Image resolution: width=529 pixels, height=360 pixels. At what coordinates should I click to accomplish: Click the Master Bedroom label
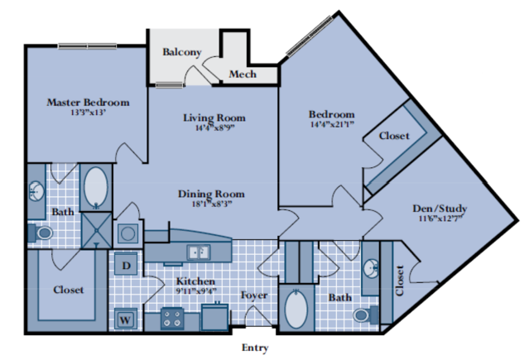88,103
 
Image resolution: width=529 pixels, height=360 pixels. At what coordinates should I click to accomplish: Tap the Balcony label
182,52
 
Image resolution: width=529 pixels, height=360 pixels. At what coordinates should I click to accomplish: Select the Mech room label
243,74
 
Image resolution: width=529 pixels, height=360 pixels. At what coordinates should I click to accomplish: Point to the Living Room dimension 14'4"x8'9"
214,127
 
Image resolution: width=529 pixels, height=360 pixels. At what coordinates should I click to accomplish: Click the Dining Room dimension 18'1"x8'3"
212,204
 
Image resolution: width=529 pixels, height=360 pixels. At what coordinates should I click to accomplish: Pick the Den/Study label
440,209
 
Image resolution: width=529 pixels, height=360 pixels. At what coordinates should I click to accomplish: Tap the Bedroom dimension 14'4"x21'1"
332,124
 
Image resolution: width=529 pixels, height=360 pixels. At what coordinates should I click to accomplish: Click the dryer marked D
126,266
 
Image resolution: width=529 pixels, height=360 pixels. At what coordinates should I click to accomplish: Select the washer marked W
126,319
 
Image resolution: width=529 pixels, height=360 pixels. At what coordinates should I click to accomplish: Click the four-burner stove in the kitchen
172,319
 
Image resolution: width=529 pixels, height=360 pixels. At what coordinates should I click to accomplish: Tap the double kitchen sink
199,252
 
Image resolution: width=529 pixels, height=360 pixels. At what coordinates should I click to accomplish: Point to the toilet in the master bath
41,233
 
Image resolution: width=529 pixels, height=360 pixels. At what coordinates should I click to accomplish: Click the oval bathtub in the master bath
96,187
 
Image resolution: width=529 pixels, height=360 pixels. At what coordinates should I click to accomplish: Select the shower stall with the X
97,230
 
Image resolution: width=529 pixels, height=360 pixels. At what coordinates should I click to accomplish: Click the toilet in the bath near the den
366,315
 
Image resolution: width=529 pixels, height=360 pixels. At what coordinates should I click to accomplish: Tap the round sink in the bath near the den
371,269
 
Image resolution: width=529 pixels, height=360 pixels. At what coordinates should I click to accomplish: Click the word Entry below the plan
255,348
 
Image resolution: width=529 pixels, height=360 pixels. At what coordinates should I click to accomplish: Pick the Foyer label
254,295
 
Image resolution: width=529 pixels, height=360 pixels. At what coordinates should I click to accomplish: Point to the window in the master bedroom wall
88,46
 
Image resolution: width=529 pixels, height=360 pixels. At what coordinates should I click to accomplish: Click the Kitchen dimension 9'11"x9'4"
196,290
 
